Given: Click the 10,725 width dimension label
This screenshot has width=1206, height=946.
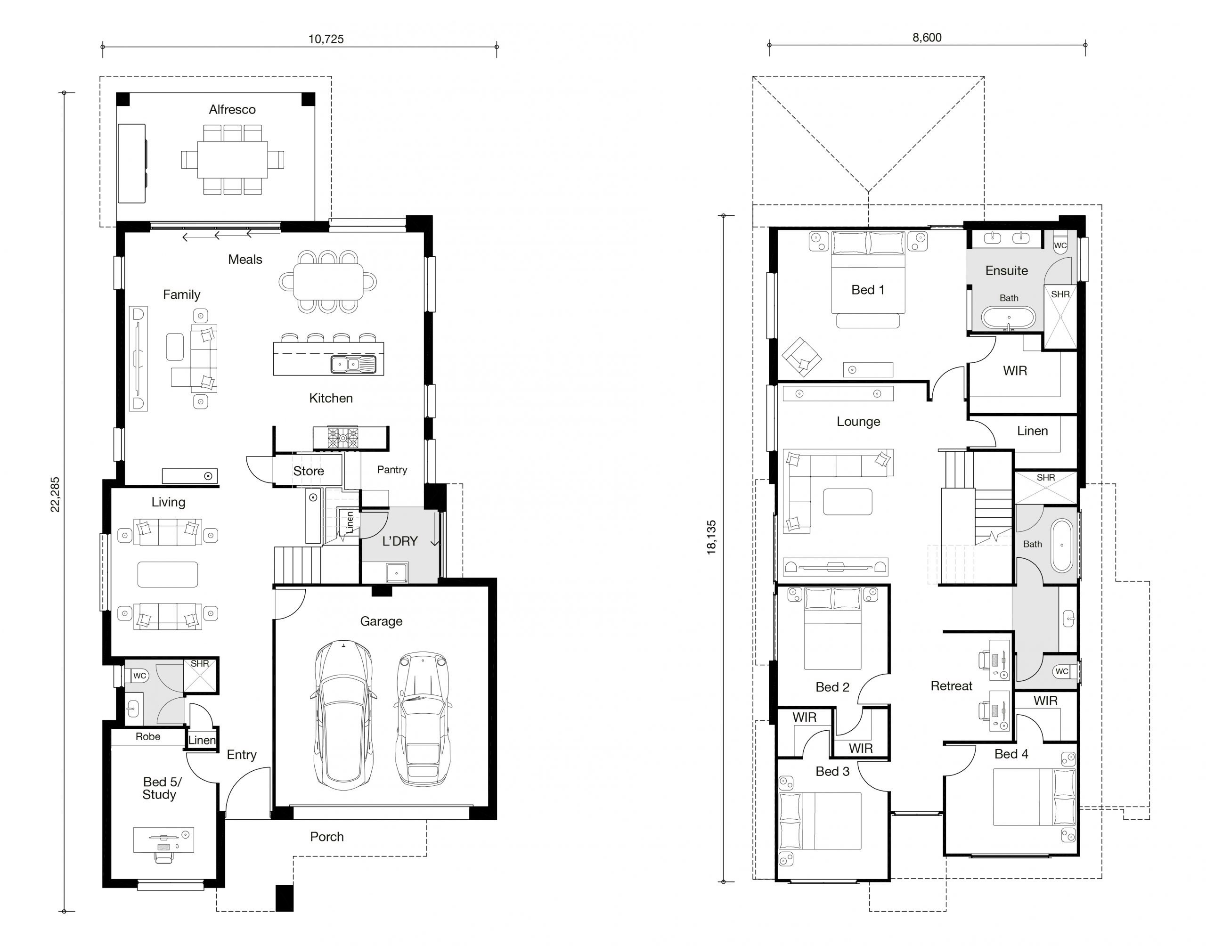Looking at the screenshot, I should [x=326, y=39].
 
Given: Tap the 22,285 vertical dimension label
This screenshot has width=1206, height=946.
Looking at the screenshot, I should [x=56, y=495].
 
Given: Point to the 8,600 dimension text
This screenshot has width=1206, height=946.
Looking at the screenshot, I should [x=927, y=38].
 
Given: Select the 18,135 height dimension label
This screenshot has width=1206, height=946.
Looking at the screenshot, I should [x=711, y=537].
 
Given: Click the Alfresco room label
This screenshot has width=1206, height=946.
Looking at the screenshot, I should [x=232, y=110].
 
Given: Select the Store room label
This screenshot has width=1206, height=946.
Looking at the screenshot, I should [x=309, y=471].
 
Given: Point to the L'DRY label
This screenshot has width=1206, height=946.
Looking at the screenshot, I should [x=400, y=541].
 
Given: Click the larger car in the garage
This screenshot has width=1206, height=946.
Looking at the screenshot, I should [x=343, y=715].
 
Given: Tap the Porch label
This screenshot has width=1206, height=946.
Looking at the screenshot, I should [x=326, y=837].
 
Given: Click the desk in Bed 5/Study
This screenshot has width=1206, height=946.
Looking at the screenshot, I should [x=163, y=839].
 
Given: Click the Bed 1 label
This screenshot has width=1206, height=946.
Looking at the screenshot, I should [x=868, y=290].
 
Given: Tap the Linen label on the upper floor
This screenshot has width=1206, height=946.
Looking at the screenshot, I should [x=1032, y=431].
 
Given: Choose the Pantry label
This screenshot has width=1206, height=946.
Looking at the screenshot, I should [x=392, y=470].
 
